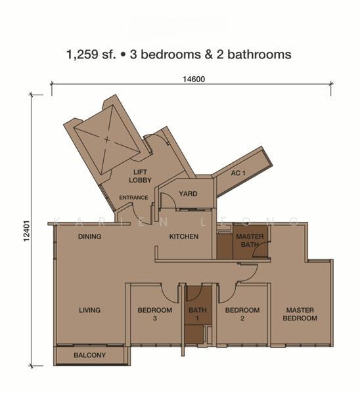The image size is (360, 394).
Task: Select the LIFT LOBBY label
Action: coord(140,176)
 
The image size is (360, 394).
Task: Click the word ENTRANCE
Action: coord(133,198)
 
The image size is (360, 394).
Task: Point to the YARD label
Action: coord(189,193)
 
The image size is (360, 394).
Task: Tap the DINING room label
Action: coord(89,236)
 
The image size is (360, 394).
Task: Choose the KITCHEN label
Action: coord(183,236)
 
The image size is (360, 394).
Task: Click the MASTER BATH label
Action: coord(250,241)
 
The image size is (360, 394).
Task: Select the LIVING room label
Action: coord(89,310)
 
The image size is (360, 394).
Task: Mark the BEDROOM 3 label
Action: coord(155,314)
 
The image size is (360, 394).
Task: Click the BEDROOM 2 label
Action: coord(242,314)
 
